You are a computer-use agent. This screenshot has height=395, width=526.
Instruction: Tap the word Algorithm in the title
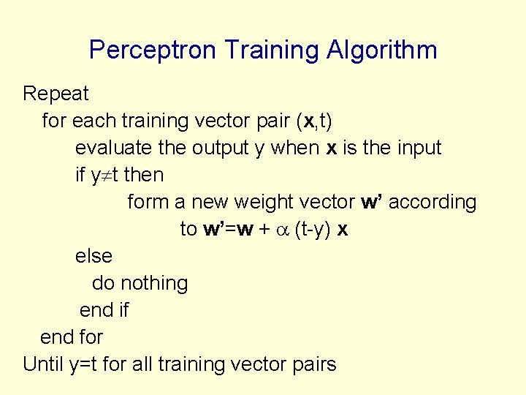pyautogui.click(x=381, y=50)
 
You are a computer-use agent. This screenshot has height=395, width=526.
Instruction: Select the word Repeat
pyautogui.click(x=56, y=94)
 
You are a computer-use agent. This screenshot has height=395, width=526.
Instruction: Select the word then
pyautogui.click(x=143, y=175)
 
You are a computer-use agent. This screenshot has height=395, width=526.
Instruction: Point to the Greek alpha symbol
pyautogui.click(x=282, y=230)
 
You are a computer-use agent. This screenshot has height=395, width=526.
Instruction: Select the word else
pyautogui.click(x=94, y=256)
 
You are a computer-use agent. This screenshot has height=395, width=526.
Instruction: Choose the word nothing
pyautogui.click(x=154, y=283)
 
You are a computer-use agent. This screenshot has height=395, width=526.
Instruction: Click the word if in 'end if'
pyautogui.click(x=123, y=310)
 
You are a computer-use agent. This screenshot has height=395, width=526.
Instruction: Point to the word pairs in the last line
pyautogui.click(x=312, y=364)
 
